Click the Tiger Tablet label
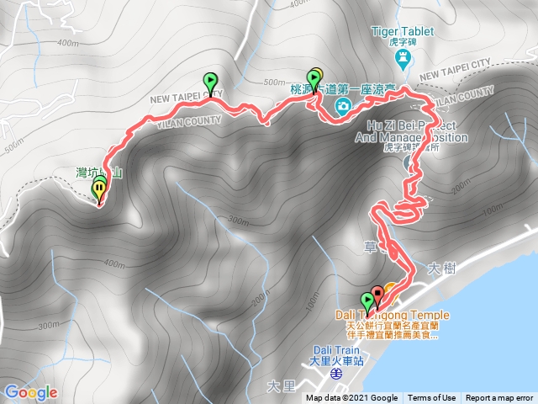point(403,32)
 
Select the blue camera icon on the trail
point(343,105)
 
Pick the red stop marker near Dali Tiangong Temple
point(377,295)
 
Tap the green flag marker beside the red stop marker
point(367,300)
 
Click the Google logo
point(30,392)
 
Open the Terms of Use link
point(432,398)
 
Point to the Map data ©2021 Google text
point(351,398)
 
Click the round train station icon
point(335,372)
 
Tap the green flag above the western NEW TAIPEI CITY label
point(209,82)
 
